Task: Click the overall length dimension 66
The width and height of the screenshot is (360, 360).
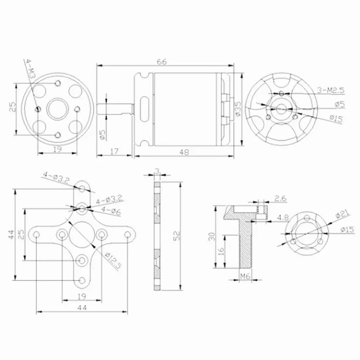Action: [x=162, y=62]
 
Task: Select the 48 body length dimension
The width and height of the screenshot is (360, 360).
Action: [x=184, y=152]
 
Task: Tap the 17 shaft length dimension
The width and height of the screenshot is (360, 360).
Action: [x=114, y=152]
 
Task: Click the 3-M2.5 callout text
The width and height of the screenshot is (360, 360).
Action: [x=331, y=90]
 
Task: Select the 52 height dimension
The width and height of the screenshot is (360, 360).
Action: [x=177, y=235]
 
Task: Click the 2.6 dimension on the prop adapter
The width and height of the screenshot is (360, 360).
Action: [x=280, y=198]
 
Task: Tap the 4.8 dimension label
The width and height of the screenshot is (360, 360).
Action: [x=282, y=217]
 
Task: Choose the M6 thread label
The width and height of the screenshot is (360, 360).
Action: [x=245, y=276]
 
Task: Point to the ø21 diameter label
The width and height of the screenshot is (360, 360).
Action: [x=343, y=214]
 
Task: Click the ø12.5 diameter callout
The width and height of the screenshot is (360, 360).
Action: [x=113, y=261]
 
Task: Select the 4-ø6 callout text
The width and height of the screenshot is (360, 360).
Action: [x=111, y=210]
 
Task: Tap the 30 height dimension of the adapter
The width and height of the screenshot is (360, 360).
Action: [x=211, y=237]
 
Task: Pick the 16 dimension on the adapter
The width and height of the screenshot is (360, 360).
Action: [x=221, y=252]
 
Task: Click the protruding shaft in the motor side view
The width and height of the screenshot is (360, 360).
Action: [x=115, y=109]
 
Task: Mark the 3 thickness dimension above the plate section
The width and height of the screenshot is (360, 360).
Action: [x=157, y=171]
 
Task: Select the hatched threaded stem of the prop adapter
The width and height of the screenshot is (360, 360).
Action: [x=246, y=244]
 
